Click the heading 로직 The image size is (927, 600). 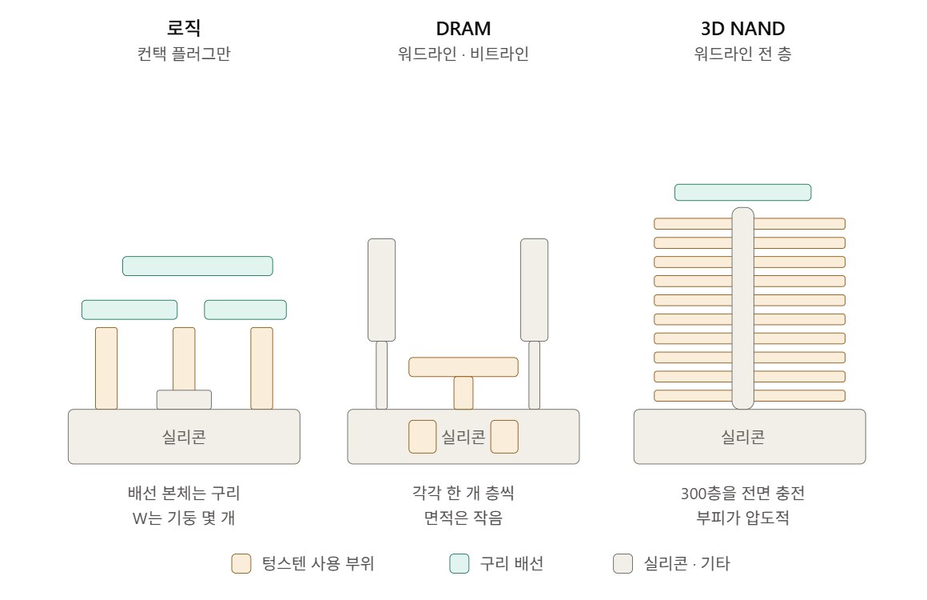click(x=184, y=28)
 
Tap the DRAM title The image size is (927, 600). click(x=463, y=29)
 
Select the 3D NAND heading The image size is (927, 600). click(x=742, y=29)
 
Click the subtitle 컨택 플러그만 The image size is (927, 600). click(x=184, y=54)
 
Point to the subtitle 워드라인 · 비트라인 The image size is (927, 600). click(x=463, y=54)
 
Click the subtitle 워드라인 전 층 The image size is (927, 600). click(x=742, y=54)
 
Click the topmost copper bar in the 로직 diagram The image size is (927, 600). click(x=197, y=266)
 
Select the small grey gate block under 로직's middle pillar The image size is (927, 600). click(x=184, y=399)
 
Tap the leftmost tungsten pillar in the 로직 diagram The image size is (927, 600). click(x=106, y=368)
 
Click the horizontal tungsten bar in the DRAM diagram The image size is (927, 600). click(x=463, y=367)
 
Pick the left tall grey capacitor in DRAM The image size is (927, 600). click(x=381, y=290)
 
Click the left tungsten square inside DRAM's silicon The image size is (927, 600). click(x=423, y=437)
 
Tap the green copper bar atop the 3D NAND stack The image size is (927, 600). click(x=742, y=192)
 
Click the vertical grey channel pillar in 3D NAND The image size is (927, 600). click(x=742, y=308)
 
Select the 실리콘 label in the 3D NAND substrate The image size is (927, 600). click(x=742, y=438)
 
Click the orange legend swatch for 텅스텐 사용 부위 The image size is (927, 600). click(x=241, y=563)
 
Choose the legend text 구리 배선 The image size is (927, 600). click(x=511, y=563)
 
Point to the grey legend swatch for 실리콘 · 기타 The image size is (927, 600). click(x=623, y=563)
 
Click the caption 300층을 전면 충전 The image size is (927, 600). click(x=742, y=493)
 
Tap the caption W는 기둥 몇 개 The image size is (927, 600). click(x=184, y=518)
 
